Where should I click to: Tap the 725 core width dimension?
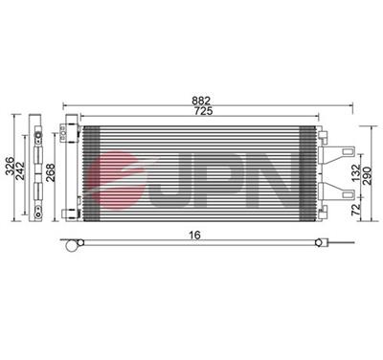[x=201, y=112]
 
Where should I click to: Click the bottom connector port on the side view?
[x=36, y=205]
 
